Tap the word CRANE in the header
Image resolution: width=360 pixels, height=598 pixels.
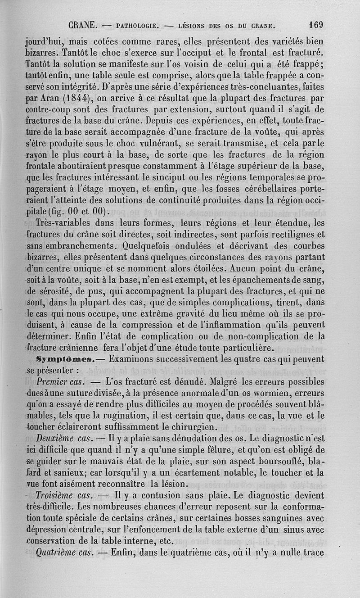(x=81, y=25)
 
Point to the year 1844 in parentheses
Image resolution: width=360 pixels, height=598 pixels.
(x=79, y=100)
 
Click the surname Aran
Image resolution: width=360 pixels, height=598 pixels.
(x=54, y=100)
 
